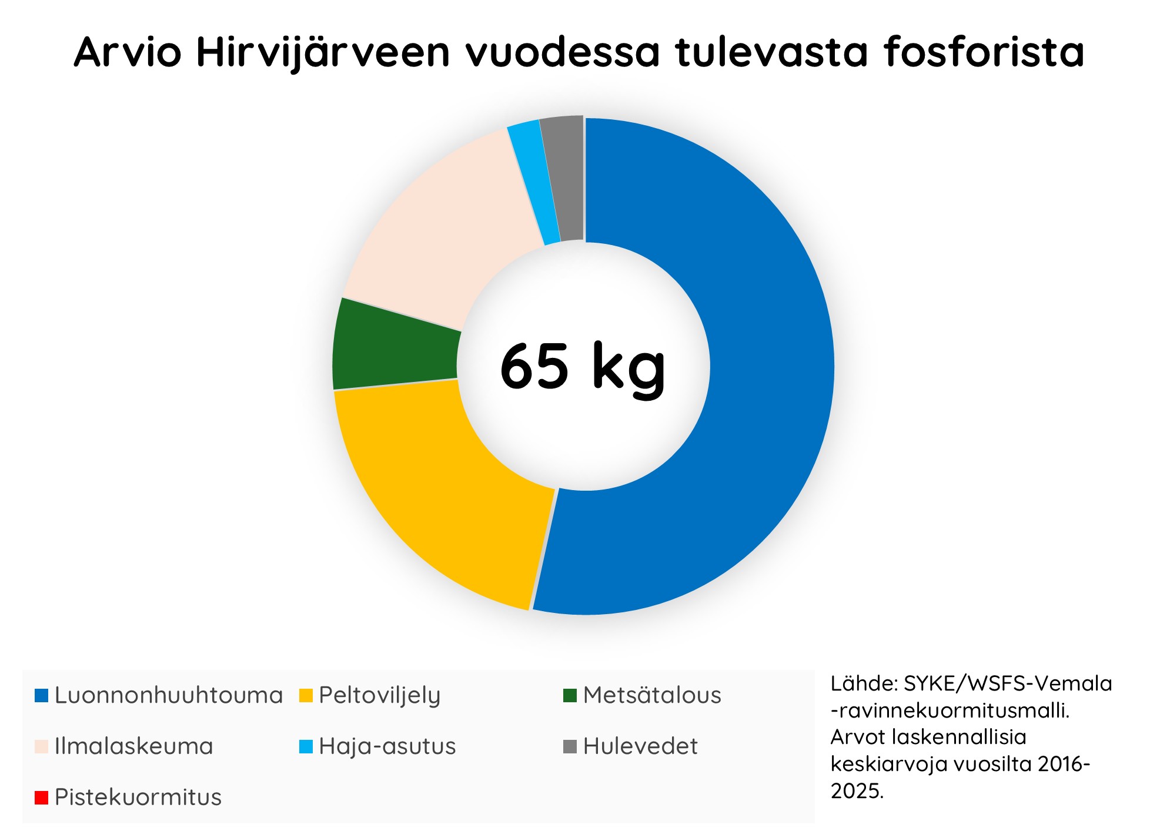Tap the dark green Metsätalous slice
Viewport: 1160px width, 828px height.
394,347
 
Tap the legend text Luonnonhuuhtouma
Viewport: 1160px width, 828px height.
169,695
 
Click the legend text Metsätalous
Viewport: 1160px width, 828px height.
652,695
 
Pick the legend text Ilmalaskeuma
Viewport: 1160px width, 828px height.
134,746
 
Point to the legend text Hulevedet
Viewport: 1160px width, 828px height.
640,746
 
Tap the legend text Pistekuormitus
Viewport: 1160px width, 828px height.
138,797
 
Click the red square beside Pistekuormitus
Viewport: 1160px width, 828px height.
41,798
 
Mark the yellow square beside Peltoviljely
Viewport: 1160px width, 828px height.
306,696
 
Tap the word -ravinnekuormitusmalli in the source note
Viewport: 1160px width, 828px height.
950,710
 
